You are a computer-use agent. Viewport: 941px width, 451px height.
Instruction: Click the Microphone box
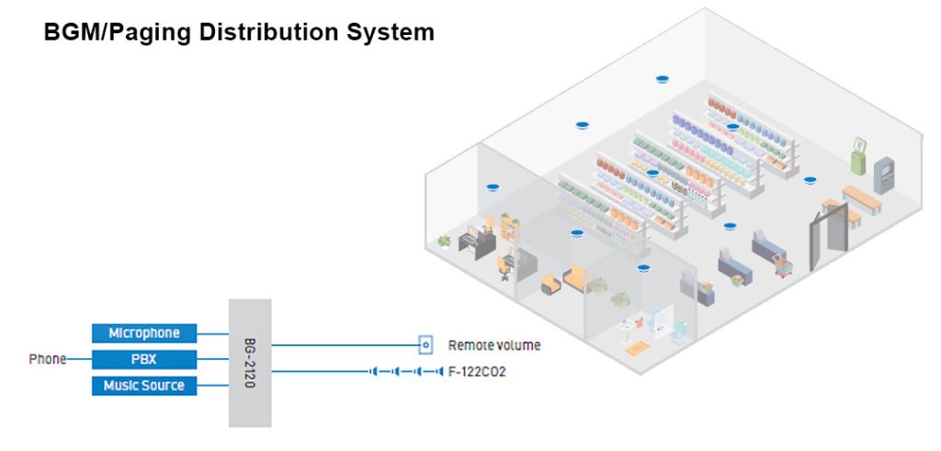(x=144, y=333)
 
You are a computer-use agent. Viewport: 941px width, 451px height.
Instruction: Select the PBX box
(x=144, y=359)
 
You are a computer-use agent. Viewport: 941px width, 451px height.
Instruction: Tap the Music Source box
(x=144, y=386)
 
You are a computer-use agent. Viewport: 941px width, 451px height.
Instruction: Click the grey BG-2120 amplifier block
(x=249, y=362)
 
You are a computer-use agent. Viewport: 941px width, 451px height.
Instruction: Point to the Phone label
(x=47, y=359)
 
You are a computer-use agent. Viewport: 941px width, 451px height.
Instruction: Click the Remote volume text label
(x=493, y=346)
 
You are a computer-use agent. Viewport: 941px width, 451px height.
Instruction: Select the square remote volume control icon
(x=425, y=346)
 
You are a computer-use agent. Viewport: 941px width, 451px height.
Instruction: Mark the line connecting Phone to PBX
(x=78, y=359)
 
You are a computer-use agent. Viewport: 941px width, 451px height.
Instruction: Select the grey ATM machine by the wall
(x=883, y=173)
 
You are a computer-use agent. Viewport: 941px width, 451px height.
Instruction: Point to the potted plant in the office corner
(x=445, y=242)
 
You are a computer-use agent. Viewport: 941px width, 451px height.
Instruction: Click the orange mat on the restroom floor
(x=637, y=348)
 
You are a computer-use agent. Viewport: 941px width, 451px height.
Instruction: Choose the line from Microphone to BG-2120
(x=212, y=333)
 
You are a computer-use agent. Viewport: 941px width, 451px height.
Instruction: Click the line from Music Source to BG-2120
(x=212, y=386)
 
